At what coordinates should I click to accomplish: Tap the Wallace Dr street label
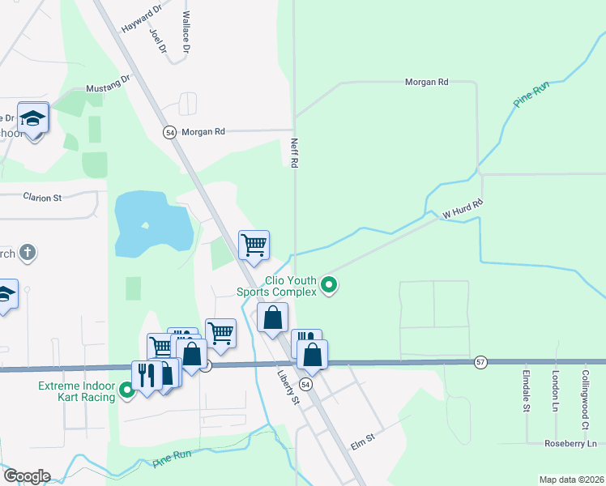pyautogui.click(x=186, y=32)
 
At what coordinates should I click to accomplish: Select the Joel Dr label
pyautogui.click(x=158, y=41)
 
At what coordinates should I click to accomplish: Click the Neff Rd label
pyautogui.click(x=295, y=151)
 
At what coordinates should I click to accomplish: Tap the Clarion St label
pyautogui.click(x=42, y=197)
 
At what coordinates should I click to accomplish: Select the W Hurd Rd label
pyautogui.click(x=463, y=210)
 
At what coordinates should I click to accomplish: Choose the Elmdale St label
pyautogui.click(x=526, y=391)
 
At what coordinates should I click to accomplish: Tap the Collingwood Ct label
pyautogui.click(x=585, y=399)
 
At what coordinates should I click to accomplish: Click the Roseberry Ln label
pyautogui.click(x=570, y=443)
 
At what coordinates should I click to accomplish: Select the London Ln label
pyautogui.click(x=556, y=390)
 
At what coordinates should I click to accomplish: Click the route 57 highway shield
pyautogui.click(x=480, y=361)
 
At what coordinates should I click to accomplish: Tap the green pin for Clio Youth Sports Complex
pyautogui.click(x=329, y=284)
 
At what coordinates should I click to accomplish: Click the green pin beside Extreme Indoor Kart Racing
pyautogui.click(x=127, y=392)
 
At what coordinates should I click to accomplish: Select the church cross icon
pyautogui.click(x=27, y=253)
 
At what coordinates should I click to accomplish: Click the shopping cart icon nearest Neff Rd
pyautogui.click(x=254, y=245)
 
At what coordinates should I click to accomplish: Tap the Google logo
pyautogui.click(x=26, y=476)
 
